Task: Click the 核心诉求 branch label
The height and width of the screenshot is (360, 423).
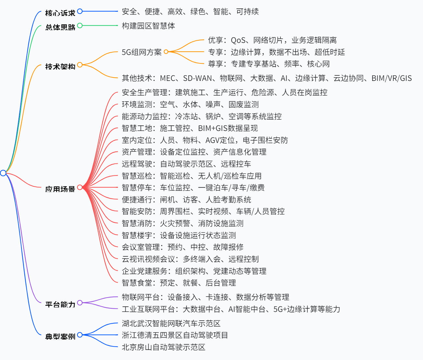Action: point(60,13)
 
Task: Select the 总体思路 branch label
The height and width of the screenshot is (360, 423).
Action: point(60,27)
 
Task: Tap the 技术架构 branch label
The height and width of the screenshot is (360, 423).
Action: point(60,67)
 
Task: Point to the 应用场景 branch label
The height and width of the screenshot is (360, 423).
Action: point(60,189)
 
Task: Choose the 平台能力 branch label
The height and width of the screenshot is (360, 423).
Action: point(60,304)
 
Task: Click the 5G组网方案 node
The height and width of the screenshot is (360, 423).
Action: point(141,52)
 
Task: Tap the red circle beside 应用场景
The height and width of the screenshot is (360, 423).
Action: point(80,187)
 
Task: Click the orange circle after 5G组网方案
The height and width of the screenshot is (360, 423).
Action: point(166,52)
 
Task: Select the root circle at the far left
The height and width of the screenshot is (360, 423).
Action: point(3,173)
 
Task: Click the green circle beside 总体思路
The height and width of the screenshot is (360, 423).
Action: point(80,25)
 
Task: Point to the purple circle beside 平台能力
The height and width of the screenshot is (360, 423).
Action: point(80,302)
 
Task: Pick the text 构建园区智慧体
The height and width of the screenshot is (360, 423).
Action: point(148,26)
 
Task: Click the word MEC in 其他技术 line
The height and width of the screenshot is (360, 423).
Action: point(167,78)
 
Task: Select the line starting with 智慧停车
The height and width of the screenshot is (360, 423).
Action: point(193,188)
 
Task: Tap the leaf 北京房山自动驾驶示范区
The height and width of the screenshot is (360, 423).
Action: point(164,347)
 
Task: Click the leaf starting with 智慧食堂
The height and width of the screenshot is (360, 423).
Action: point(179,283)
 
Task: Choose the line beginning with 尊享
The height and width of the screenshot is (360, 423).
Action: point(269,64)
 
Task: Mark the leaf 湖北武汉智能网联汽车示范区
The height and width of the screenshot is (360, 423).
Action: point(171,324)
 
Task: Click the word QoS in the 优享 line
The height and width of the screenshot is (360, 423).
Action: point(238,40)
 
